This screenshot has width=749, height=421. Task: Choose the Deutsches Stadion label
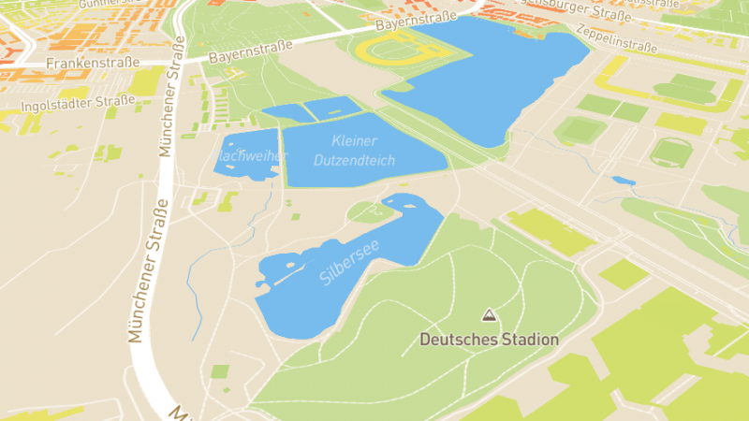point(489,340)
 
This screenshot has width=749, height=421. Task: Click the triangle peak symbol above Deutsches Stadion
point(488,315)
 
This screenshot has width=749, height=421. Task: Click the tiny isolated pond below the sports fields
point(623,181)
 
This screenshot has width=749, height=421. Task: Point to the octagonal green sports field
point(670,152)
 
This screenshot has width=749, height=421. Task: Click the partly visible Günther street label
point(104,5)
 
